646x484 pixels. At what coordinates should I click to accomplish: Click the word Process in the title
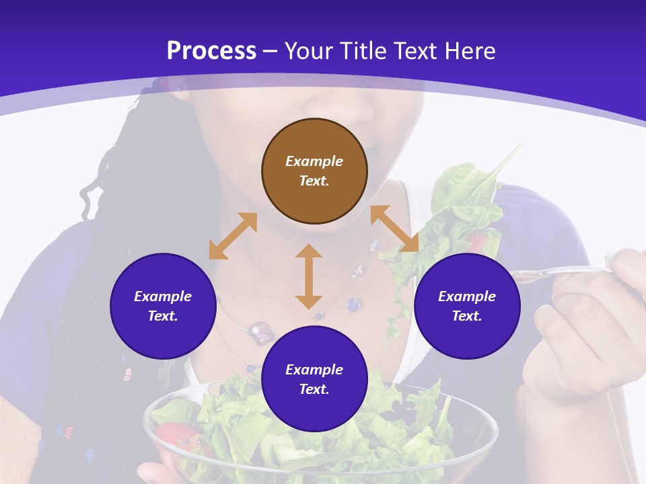pos(211,51)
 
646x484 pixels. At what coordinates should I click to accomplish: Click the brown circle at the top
pos(314,171)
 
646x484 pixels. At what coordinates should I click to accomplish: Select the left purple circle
pos(163,306)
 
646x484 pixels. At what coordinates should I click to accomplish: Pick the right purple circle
pos(467,306)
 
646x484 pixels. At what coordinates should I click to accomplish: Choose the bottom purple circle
pos(314,379)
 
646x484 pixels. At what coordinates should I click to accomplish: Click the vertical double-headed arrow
pos(309,276)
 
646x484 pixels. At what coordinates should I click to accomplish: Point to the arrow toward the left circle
pos(233,236)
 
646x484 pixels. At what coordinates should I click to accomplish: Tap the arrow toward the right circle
pos(394,229)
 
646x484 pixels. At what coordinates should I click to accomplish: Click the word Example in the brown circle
pos(314,161)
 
